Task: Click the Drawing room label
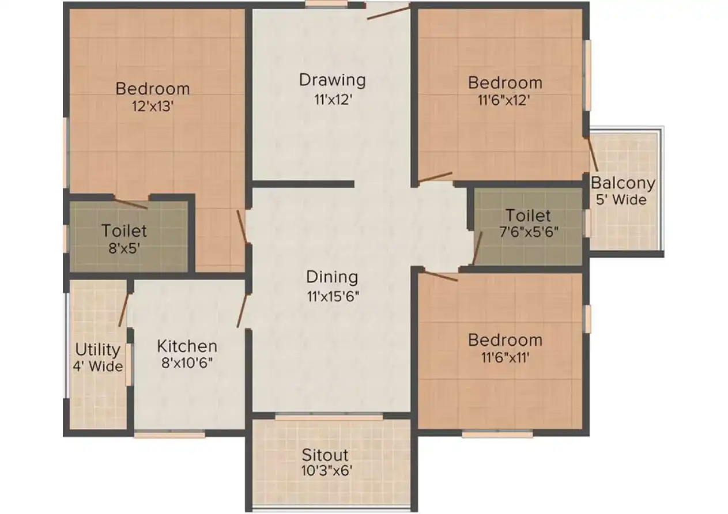[332, 80]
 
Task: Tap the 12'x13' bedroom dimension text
[153, 105]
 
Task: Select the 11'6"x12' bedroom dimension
[504, 100]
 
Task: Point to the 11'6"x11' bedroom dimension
[504, 357]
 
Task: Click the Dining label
[332, 277]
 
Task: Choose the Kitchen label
[187, 346]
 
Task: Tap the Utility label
[98, 350]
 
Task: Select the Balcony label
[623, 184]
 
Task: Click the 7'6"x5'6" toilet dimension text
[528, 233]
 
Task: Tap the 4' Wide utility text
[98, 366]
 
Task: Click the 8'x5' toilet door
[131, 203]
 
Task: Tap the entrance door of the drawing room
[388, 12]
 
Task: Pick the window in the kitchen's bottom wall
[169, 434]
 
